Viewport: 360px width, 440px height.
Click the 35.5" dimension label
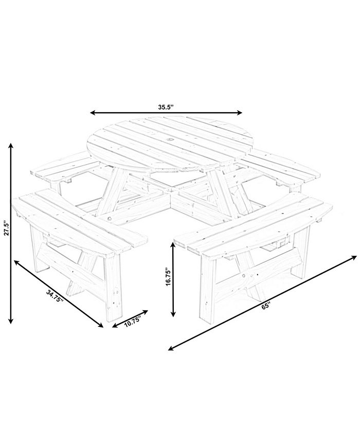tap(166, 107)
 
